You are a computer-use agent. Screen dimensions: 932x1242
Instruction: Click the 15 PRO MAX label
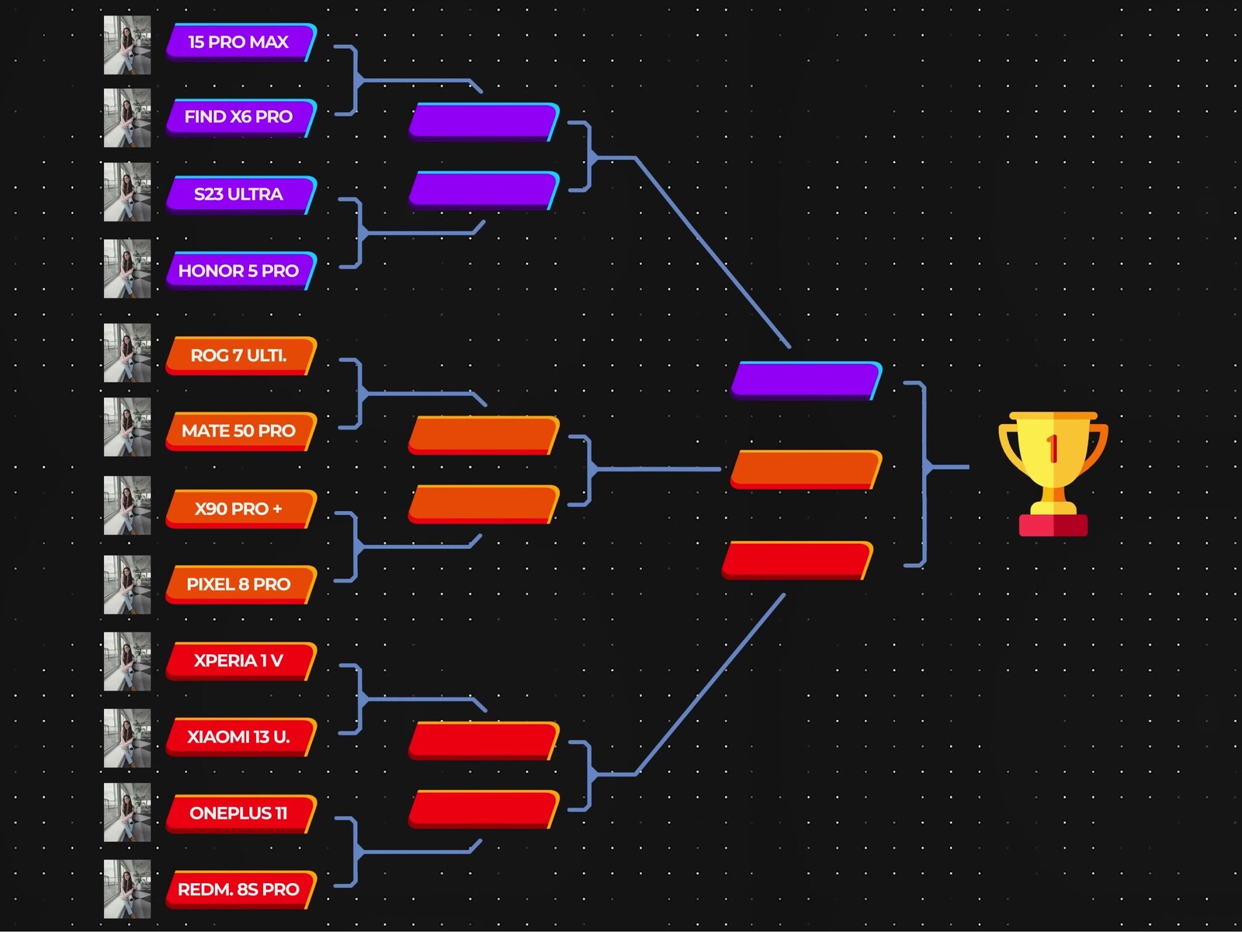[238, 42]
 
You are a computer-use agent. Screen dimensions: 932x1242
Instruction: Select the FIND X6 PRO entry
[238, 116]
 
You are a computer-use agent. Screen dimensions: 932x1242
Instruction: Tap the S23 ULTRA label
[238, 194]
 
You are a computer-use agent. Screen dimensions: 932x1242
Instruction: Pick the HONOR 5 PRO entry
[238, 270]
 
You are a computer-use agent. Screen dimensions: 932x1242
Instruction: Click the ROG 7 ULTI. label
[238, 355]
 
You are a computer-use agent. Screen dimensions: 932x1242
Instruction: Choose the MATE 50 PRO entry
[238, 430]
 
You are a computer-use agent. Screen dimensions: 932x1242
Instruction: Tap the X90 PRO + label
[238, 509]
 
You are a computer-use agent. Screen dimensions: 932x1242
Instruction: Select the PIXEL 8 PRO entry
[238, 584]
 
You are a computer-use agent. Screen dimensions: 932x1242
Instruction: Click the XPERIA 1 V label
[238, 660]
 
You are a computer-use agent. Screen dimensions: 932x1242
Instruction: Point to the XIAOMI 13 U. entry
[238, 736]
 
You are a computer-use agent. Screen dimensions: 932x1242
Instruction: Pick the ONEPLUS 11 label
[238, 813]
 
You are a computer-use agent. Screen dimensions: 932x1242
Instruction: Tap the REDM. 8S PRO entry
[238, 889]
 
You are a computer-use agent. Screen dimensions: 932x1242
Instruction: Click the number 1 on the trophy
[1053, 449]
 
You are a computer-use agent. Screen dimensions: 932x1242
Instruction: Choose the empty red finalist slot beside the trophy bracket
[797, 560]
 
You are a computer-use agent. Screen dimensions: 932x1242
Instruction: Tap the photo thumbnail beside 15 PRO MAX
[127, 45]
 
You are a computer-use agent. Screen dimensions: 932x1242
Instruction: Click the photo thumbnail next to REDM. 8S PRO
[127, 889]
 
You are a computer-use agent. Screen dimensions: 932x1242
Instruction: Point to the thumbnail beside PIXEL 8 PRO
[127, 584]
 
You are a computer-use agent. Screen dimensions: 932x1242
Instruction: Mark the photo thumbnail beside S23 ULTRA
[127, 192]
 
